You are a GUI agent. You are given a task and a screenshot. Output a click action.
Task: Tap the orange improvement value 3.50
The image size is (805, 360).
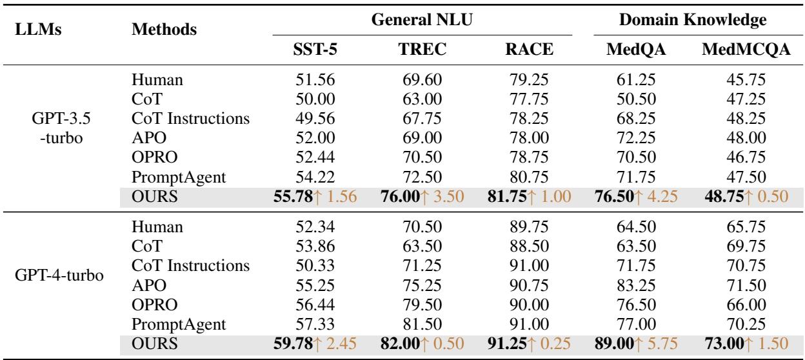pos(448,194)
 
